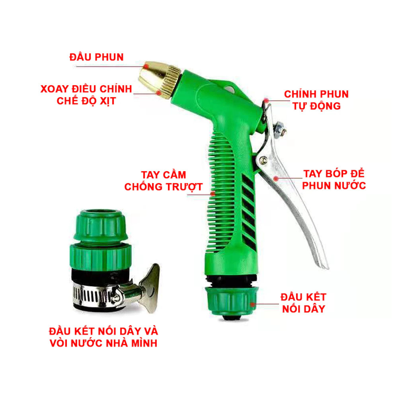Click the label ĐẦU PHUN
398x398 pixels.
[x=96, y=57]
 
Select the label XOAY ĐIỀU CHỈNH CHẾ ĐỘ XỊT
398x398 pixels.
[x=86, y=95]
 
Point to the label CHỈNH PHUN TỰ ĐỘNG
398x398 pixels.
[x=316, y=100]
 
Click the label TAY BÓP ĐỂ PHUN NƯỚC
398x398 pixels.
[x=334, y=180]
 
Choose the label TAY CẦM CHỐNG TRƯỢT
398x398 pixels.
[x=164, y=181]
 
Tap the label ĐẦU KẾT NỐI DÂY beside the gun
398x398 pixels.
[x=304, y=303]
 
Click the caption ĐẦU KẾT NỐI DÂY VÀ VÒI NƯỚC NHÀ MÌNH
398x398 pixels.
[x=103, y=337]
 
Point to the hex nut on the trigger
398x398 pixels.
[x=280, y=129]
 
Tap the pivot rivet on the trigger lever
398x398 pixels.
[x=263, y=160]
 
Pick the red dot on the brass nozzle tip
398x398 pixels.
[x=146, y=66]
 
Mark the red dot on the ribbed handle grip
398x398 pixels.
[x=213, y=194]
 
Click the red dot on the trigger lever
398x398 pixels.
[x=276, y=178]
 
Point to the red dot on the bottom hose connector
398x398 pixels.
[x=252, y=304]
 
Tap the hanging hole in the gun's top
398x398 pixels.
[x=230, y=89]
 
